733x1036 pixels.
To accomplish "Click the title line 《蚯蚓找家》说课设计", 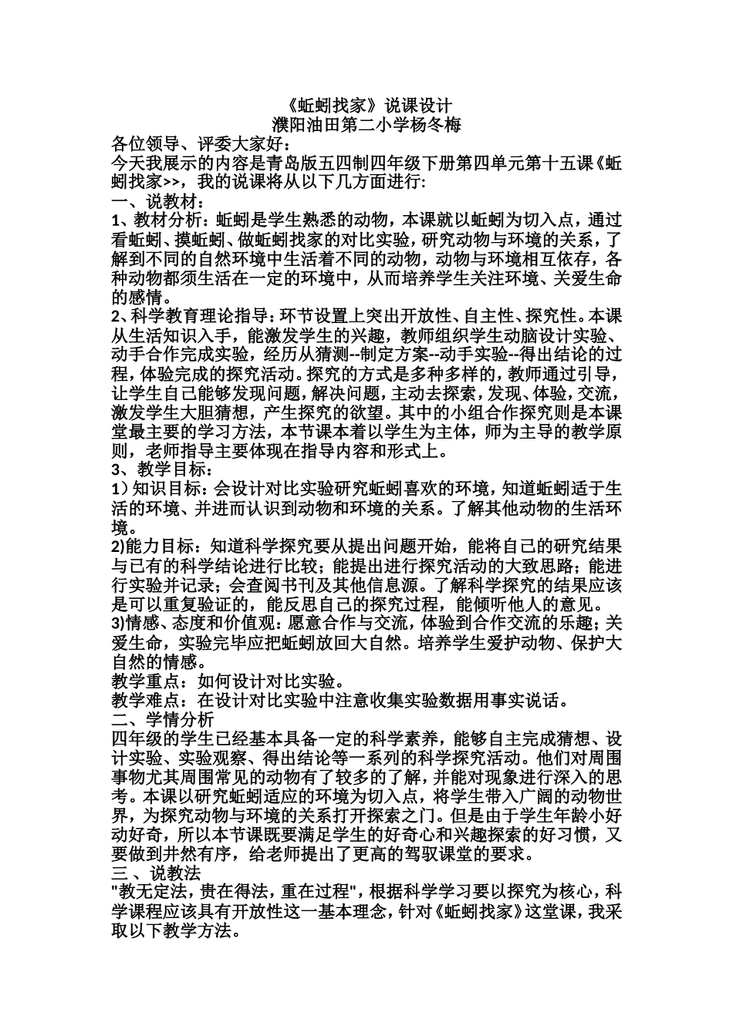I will (x=366, y=105).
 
